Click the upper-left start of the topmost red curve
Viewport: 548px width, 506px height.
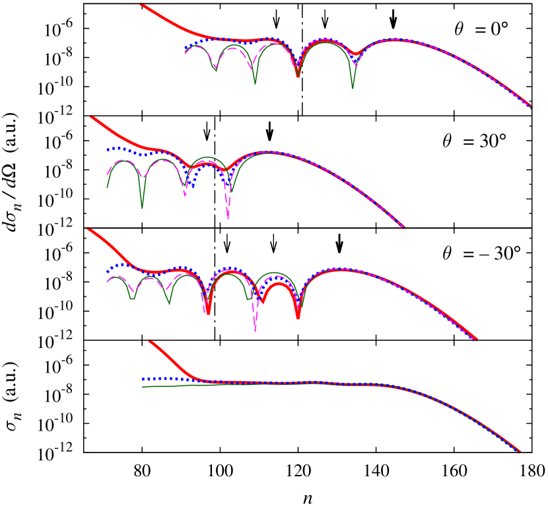click(141, 5)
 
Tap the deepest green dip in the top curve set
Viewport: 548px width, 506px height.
click(353, 88)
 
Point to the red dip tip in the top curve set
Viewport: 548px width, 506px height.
click(298, 76)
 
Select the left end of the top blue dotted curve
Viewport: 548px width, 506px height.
click(186, 49)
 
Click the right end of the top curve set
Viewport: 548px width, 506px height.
click(531, 106)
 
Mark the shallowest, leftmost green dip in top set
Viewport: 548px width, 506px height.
click(215, 69)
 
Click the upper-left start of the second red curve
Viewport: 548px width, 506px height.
click(91, 117)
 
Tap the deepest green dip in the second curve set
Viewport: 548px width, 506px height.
click(142, 207)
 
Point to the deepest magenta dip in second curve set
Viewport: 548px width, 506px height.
click(228, 218)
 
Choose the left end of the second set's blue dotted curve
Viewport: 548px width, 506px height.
click(108, 149)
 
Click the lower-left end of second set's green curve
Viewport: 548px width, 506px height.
click(107, 188)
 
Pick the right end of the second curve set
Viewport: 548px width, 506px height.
click(403, 226)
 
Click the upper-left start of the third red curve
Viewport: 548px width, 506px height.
click(88, 230)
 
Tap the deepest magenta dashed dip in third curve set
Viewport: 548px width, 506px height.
click(256, 330)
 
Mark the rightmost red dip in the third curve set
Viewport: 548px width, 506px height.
click(298, 317)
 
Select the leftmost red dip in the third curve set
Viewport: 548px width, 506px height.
click(208, 312)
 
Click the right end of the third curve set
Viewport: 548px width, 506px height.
click(476, 340)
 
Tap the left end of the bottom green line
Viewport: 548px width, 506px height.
click(143, 386)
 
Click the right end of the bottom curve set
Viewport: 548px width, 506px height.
click(520, 452)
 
